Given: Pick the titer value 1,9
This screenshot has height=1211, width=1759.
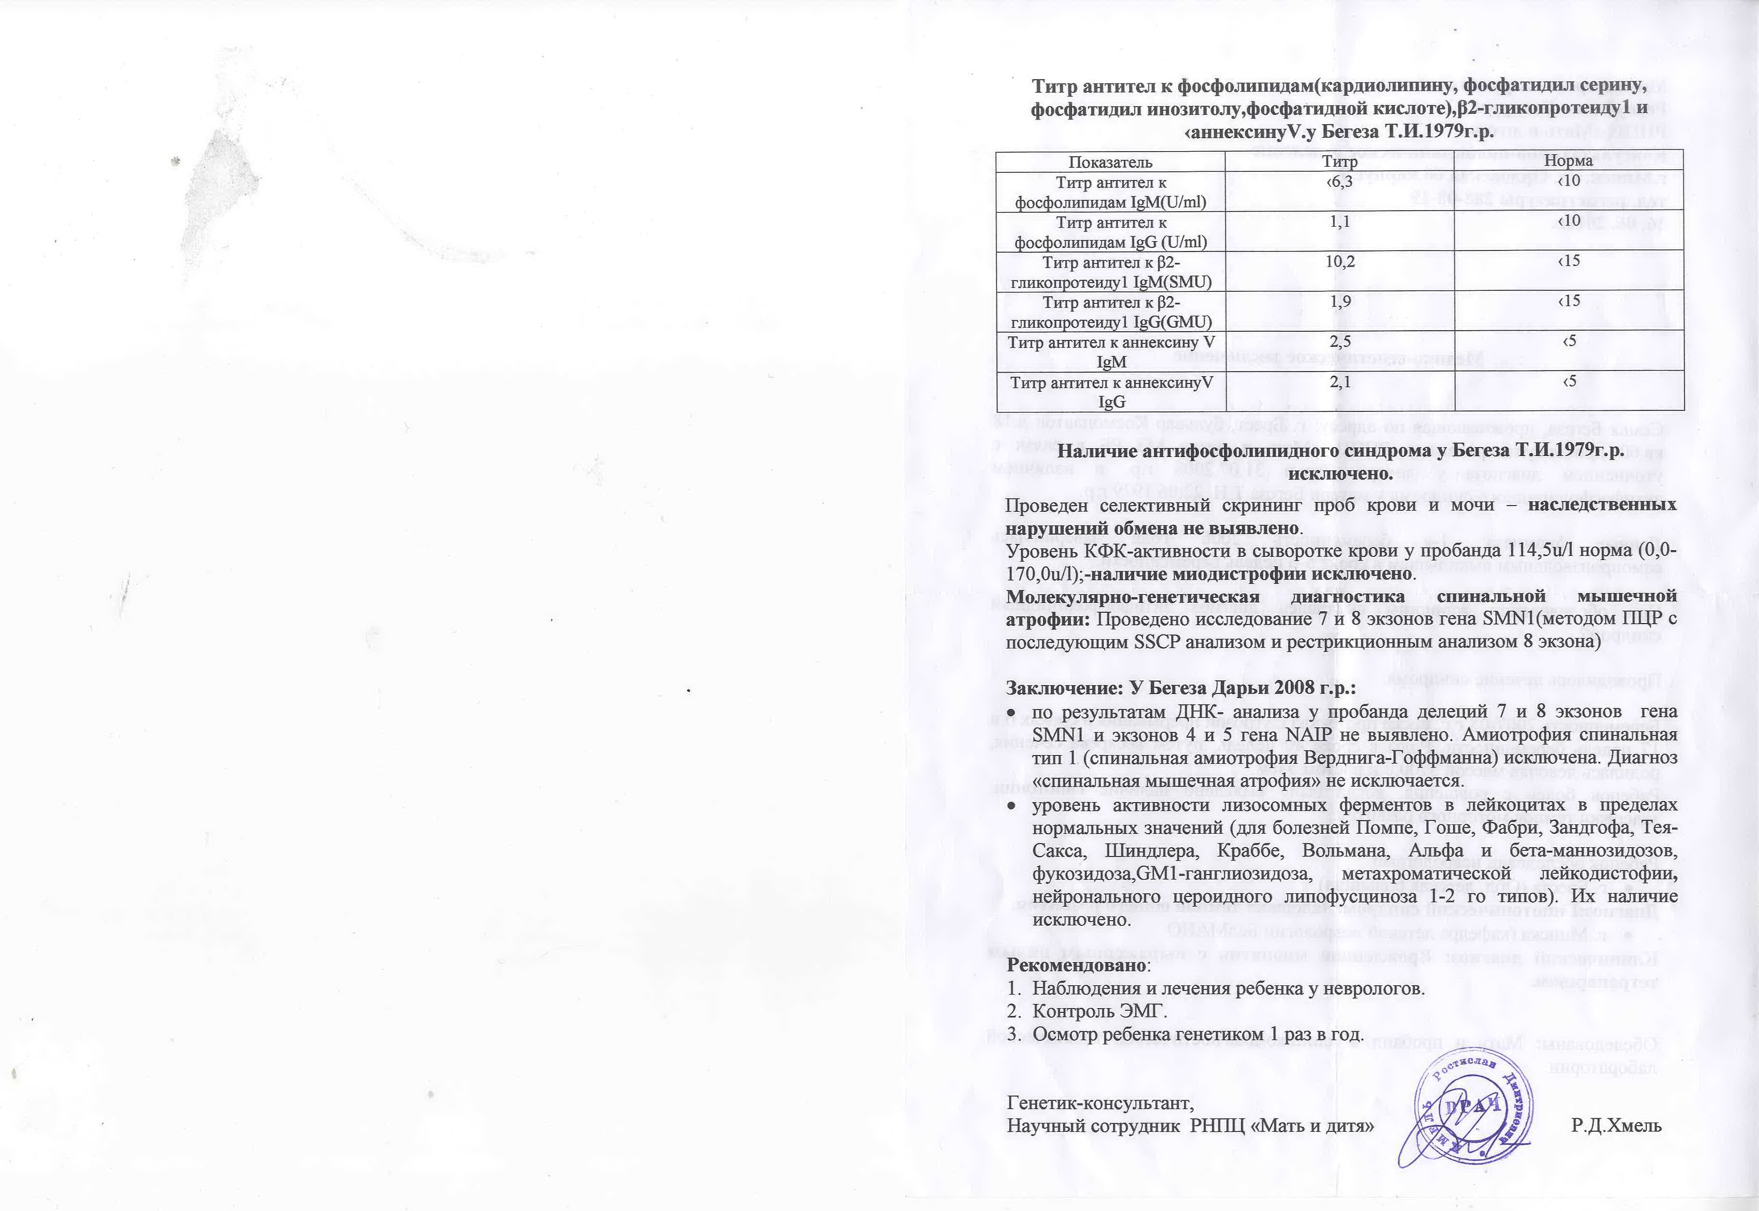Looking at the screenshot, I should [1355, 301].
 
